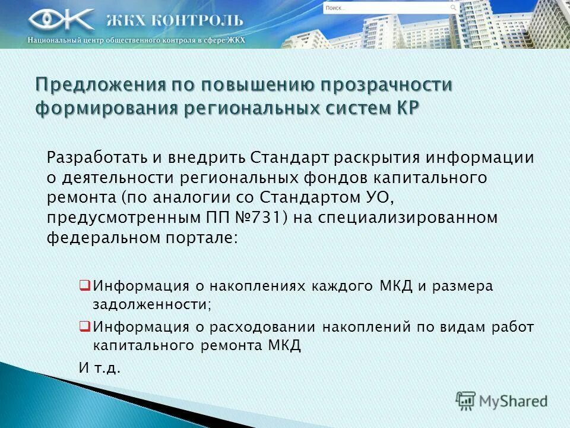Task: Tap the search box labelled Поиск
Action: pos(386,8)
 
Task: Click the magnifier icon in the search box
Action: pos(454,8)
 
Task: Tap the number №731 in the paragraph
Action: pos(263,218)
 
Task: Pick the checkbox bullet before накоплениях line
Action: pos(84,285)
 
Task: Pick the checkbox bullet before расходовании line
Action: pos(84,326)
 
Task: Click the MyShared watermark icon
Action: pos(466,401)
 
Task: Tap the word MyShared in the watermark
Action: pos(513,401)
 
